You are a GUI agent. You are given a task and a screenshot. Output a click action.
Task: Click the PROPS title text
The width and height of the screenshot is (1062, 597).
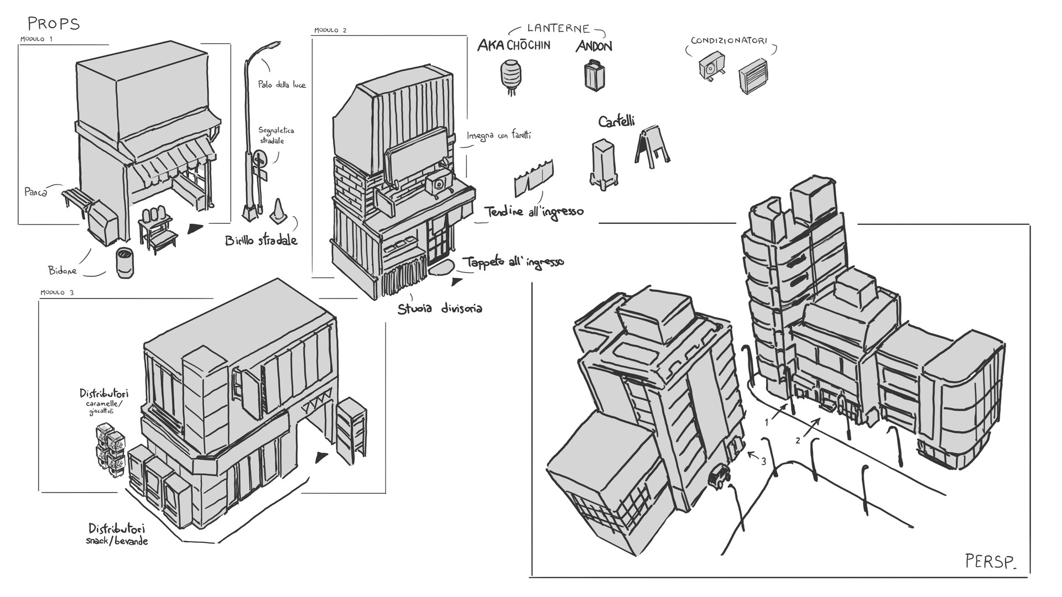(54, 24)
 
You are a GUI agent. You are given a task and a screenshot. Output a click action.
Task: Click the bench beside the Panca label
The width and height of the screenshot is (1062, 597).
(76, 199)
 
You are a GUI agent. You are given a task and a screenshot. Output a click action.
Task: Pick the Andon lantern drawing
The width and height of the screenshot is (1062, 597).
(594, 76)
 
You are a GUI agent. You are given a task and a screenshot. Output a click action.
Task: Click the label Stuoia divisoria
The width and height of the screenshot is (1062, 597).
(439, 308)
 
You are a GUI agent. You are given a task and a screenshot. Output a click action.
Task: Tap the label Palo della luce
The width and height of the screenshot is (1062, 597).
(282, 85)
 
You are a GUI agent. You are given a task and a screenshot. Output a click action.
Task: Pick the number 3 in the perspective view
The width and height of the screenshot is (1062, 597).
(764, 462)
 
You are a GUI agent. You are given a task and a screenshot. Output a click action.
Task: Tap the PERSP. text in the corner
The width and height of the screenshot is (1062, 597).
(990, 562)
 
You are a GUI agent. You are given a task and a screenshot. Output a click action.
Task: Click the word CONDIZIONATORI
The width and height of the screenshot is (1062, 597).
(728, 41)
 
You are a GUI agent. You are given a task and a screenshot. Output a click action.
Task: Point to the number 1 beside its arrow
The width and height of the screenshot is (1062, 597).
(767, 422)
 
